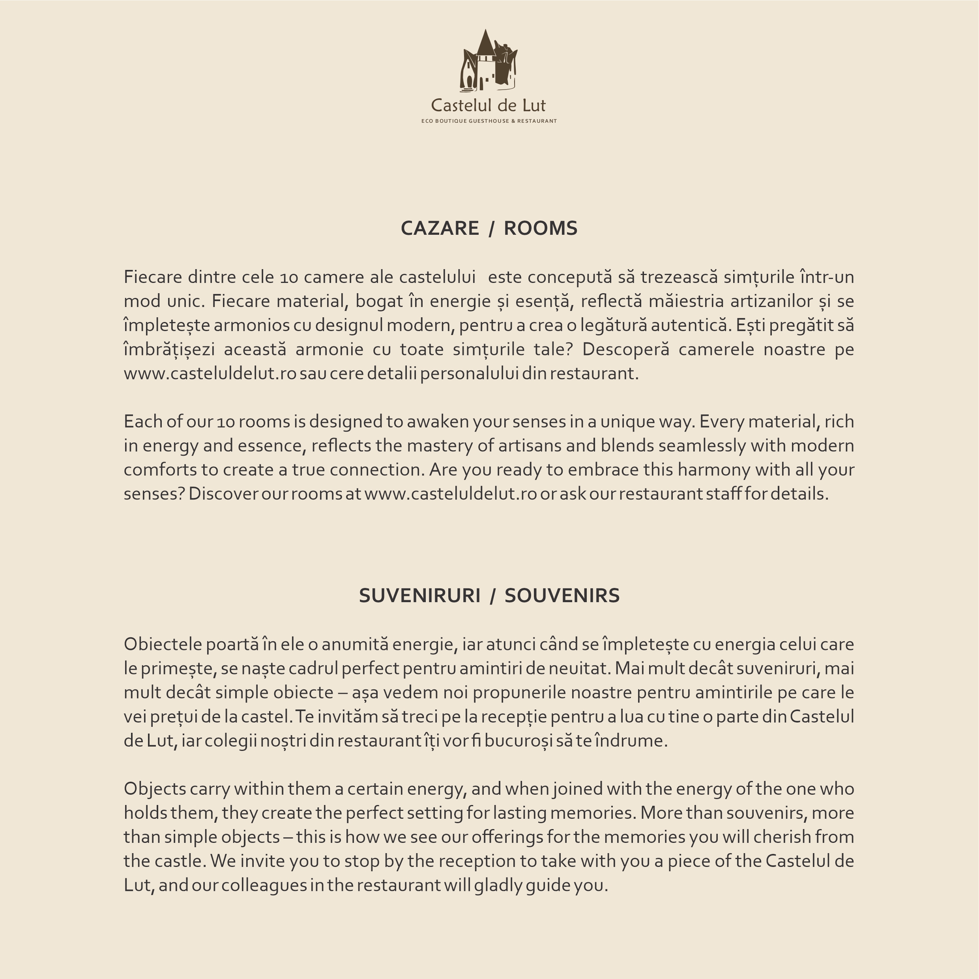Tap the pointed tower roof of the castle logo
tap(485, 43)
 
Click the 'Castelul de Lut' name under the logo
tap(489, 105)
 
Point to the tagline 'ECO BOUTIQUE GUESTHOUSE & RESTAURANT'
tap(489, 121)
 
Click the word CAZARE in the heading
tap(439, 228)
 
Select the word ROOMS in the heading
tap(540, 228)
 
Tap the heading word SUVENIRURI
tap(419, 595)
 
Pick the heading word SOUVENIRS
tap(562, 595)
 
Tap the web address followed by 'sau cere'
tap(210, 373)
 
